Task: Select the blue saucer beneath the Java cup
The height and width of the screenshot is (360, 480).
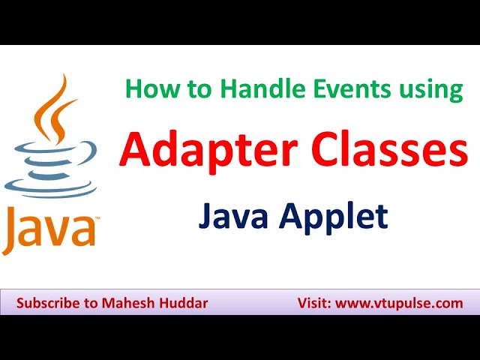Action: [51, 194]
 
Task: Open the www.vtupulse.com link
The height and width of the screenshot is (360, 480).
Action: [398, 304]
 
